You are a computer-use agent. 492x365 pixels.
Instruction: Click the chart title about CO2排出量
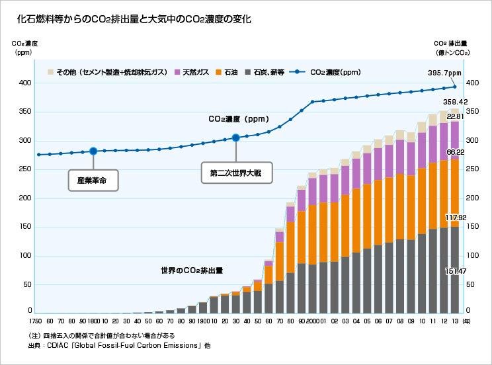(x=134, y=19)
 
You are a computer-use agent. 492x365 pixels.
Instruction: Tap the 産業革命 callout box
(x=93, y=181)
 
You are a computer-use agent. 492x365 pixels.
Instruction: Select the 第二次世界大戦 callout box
(x=237, y=173)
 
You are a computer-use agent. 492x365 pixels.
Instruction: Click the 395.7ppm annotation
(x=444, y=73)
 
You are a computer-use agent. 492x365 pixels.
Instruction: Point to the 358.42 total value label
(x=455, y=102)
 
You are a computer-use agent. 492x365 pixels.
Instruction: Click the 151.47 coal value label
(x=456, y=271)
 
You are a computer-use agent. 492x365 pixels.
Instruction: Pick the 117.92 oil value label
(x=456, y=218)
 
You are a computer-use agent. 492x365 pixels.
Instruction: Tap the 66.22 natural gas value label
(x=455, y=152)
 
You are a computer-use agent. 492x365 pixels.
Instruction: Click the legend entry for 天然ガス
(x=192, y=72)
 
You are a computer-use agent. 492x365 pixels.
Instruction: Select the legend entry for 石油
(x=227, y=72)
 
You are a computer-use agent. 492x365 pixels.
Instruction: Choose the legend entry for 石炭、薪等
(x=265, y=72)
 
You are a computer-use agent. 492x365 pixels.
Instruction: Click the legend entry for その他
(x=107, y=72)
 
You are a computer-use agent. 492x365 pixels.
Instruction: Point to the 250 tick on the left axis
(x=25, y=169)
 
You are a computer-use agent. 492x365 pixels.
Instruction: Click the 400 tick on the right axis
(x=473, y=83)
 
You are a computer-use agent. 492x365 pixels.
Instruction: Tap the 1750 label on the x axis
(x=36, y=321)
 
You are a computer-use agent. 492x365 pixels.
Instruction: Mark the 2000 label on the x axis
(x=313, y=321)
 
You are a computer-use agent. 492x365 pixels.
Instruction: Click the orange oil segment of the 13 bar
(x=455, y=193)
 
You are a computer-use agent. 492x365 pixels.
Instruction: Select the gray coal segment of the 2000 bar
(x=313, y=289)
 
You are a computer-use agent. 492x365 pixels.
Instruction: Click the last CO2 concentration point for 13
(x=455, y=87)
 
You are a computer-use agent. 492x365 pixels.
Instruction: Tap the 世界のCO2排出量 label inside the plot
(x=192, y=270)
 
